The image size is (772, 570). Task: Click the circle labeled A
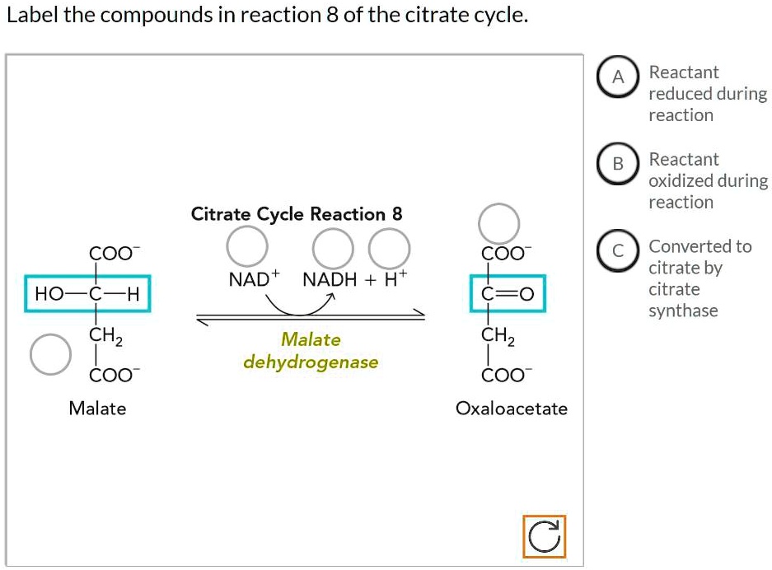(619, 77)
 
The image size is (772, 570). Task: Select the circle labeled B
(619, 164)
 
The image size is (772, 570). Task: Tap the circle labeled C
(619, 250)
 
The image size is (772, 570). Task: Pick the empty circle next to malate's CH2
(49, 353)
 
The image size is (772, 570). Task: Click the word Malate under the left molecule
(97, 409)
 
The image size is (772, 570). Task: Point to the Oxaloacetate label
(512, 409)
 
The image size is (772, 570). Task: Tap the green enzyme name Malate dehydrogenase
(311, 350)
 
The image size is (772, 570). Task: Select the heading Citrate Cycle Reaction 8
(297, 214)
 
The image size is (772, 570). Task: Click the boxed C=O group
(507, 293)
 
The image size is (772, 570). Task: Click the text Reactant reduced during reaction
(707, 94)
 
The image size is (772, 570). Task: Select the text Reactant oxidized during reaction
(708, 180)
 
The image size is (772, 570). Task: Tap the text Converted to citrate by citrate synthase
(699, 278)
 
